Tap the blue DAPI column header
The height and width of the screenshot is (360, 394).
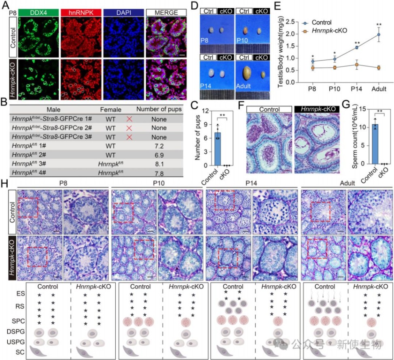point(123,13)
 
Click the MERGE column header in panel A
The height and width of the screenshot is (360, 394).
point(166,13)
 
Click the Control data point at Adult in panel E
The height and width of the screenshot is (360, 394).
point(379,34)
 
